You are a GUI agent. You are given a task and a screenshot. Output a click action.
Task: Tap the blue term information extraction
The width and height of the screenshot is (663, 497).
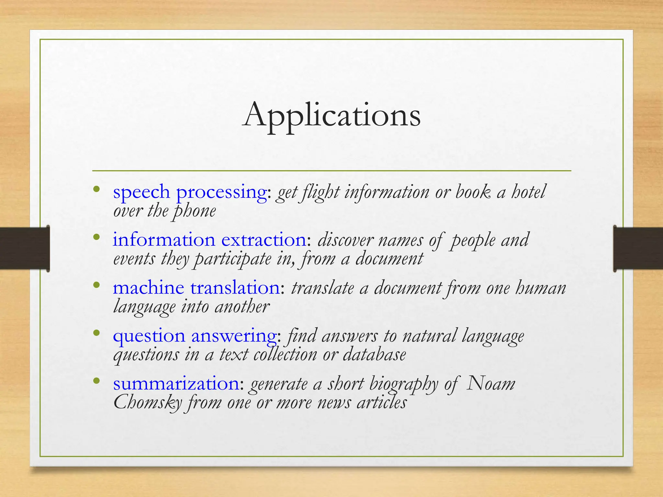click(209, 240)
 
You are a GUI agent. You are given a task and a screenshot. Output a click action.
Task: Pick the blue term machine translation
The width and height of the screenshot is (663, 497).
click(196, 288)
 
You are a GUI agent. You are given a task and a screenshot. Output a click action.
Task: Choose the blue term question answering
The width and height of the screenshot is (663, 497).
click(195, 336)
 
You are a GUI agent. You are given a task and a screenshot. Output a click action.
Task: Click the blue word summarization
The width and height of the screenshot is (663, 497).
click(176, 384)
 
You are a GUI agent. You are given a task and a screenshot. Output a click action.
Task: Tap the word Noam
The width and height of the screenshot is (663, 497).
click(491, 383)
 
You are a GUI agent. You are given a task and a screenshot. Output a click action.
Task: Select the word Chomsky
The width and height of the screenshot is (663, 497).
click(148, 403)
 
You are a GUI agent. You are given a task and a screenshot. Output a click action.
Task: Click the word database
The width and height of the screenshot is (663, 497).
click(374, 355)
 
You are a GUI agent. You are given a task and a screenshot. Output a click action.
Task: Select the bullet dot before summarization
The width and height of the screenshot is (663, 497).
click(96, 381)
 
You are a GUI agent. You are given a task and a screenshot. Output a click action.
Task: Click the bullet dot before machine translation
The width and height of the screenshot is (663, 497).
click(96, 285)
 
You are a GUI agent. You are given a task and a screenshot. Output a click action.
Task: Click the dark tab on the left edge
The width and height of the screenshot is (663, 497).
click(25, 248)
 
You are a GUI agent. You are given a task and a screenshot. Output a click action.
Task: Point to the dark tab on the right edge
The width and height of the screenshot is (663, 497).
click(638, 248)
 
